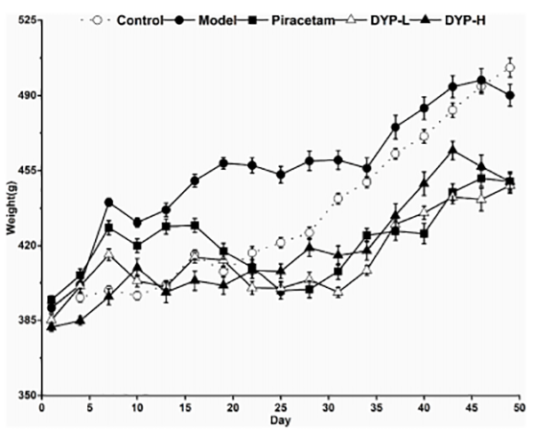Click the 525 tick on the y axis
(x=22, y=20)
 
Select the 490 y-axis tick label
(x=22, y=95)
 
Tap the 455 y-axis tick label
(x=22, y=170)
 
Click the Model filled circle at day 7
(x=108, y=203)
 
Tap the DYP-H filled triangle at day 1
(x=52, y=327)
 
